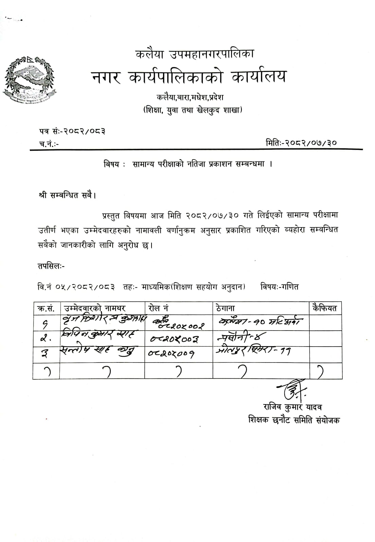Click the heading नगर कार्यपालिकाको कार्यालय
(189, 77)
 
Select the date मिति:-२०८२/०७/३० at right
(301, 143)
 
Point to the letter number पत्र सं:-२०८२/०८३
(72, 131)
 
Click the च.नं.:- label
(49, 144)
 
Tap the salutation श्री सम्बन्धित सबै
(67, 195)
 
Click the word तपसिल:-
(51, 266)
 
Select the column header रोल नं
(158, 308)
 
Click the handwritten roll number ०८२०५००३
(174, 338)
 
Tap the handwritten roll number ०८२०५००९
(171, 354)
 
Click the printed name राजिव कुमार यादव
(292, 407)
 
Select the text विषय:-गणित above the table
(280, 287)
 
